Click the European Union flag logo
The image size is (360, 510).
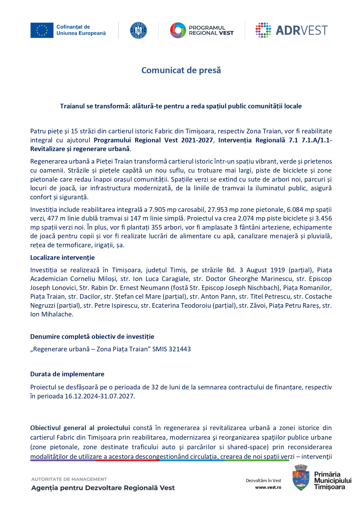click(x=42, y=30)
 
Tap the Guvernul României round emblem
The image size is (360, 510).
click(x=138, y=30)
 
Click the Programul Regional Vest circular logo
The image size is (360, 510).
click(x=178, y=30)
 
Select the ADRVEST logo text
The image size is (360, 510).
click(x=301, y=30)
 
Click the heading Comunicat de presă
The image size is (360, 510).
click(x=181, y=70)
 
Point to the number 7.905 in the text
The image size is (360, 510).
click(x=157, y=210)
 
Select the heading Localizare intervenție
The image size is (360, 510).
click(x=62, y=257)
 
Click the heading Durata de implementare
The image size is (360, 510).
click(x=67, y=374)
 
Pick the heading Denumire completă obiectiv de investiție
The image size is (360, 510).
click(x=92, y=337)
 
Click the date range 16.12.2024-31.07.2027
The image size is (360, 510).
click(x=100, y=396)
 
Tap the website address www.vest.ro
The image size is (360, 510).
click(x=268, y=487)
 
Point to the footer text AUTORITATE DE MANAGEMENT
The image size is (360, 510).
click(x=69, y=479)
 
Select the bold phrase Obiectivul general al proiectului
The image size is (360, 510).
click(x=80, y=428)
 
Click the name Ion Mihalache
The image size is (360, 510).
click(x=52, y=314)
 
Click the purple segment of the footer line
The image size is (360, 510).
click(x=62, y=460)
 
